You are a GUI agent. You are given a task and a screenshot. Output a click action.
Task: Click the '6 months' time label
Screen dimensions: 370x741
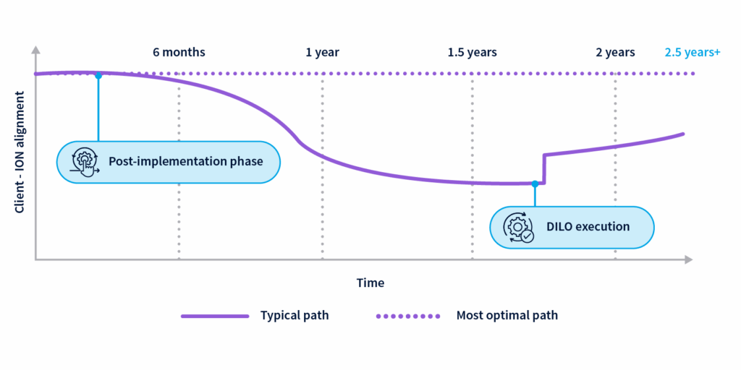point(179,53)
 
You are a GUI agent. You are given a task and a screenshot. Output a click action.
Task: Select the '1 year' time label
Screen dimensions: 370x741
point(322,53)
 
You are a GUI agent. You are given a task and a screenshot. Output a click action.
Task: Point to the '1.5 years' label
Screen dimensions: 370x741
point(472,53)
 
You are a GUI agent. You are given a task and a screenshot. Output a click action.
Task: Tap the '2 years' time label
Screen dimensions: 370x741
point(615,53)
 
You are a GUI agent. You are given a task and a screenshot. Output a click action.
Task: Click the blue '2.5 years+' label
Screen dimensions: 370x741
point(693,53)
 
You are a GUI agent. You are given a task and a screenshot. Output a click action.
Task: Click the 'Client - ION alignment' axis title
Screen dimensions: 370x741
point(20,152)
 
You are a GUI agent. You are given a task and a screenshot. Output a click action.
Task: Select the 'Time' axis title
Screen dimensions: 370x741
point(370,283)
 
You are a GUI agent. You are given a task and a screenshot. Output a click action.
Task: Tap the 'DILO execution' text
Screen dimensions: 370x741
point(588,227)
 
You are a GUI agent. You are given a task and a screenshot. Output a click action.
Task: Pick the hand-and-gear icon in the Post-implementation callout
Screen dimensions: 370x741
point(84,161)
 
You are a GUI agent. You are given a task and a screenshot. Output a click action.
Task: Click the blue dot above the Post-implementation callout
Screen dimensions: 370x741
point(98,75)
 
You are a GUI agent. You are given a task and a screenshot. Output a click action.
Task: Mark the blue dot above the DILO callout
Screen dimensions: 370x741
point(535,184)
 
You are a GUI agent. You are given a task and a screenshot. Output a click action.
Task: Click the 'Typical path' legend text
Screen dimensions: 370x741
point(295,316)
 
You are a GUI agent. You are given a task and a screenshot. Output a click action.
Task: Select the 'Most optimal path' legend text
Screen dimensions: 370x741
point(507,316)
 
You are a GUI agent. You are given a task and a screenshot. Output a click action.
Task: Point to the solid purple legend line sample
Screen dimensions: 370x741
point(215,316)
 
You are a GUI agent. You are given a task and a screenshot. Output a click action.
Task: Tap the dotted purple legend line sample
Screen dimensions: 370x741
point(407,316)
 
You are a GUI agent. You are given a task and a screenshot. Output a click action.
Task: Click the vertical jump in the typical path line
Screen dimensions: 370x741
point(543,168)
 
